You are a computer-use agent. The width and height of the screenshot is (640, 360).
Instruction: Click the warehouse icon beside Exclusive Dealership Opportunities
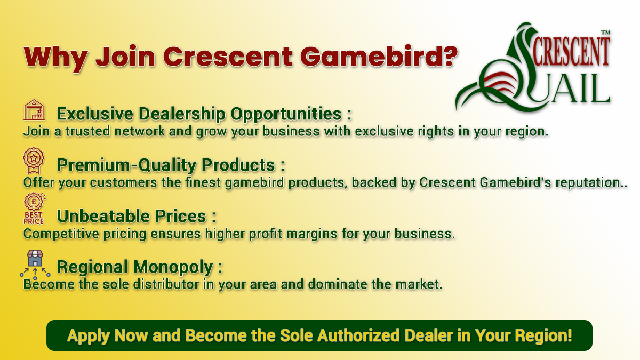point(35,110)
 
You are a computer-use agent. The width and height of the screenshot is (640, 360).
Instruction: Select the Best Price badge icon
point(34,209)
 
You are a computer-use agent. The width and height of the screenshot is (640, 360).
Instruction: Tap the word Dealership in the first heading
point(183,114)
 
